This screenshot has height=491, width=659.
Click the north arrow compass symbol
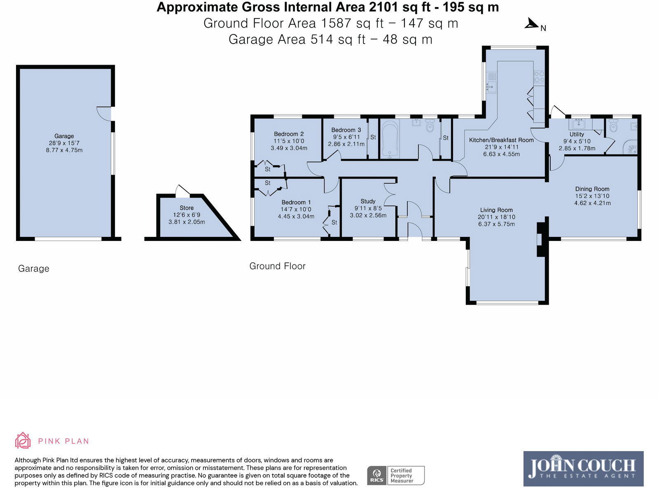click(532, 23)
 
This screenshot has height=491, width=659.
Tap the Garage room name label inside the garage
click(64, 136)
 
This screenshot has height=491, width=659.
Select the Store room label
click(187, 208)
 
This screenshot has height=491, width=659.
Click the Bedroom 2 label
click(289, 134)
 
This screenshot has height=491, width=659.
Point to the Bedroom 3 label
click(346, 130)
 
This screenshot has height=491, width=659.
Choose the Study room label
click(368, 201)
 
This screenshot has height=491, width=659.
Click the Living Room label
click(496, 210)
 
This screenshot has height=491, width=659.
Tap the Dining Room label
click(592, 189)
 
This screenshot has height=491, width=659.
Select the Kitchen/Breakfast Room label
click(501, 140)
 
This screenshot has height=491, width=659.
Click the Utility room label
click(577, 134)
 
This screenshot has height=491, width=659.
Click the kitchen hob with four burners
click(539, 77)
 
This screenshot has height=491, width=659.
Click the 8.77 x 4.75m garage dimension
click(64, 150)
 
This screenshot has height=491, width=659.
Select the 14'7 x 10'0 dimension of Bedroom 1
click(296, 210)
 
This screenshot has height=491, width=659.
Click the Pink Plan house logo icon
click(23, 440)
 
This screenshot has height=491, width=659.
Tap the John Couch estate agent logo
click(584, 469)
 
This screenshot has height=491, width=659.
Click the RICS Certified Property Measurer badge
click(396, 475)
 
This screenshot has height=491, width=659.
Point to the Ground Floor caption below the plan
click(278, 266)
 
